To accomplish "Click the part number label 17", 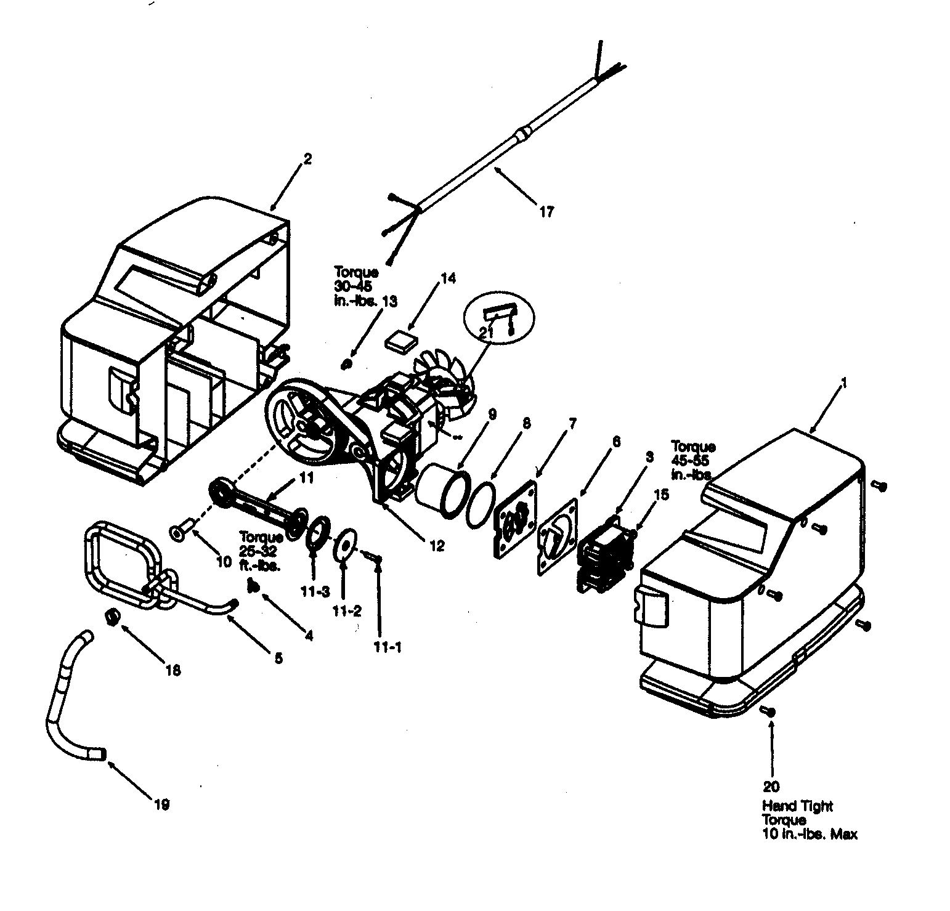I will pos(546,213).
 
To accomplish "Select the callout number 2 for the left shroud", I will pos(307,160).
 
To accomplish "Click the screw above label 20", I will pos(769,711).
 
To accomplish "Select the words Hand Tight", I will pos(797,806).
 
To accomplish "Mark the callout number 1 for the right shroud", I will pos(844,383).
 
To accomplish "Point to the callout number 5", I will pos(278,658).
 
